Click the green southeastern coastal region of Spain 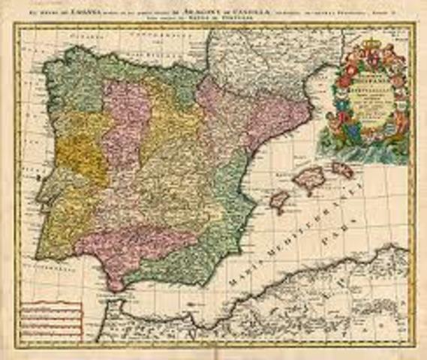[x=218, y=225]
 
